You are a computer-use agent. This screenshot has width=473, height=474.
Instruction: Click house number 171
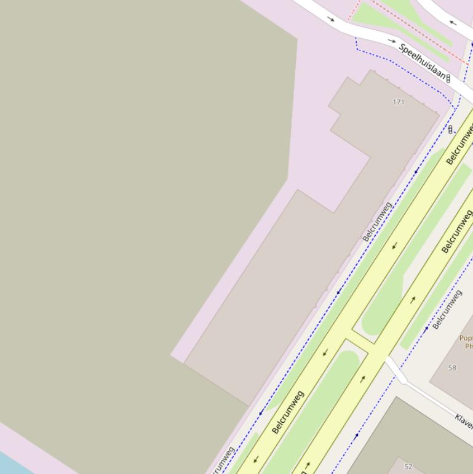399,102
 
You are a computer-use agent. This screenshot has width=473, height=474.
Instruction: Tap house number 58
452,368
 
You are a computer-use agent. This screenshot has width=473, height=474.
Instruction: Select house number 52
408,467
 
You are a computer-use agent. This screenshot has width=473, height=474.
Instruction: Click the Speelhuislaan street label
422,62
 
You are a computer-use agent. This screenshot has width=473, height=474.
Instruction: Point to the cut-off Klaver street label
464,421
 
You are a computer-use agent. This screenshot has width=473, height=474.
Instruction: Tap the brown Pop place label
466,342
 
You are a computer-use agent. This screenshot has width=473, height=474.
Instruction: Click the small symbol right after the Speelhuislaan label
448,78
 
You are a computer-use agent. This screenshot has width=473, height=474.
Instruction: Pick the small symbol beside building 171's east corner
450,129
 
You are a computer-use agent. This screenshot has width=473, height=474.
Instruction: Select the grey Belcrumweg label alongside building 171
376,221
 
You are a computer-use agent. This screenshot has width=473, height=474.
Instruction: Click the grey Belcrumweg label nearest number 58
447,310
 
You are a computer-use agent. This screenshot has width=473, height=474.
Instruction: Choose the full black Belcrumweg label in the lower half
288,412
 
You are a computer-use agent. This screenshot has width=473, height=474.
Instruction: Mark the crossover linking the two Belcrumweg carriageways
359,347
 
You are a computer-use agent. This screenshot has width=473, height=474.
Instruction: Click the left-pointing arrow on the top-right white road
453,23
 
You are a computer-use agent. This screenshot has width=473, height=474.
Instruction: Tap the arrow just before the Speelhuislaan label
392,41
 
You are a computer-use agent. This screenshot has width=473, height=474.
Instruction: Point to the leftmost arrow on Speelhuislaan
331,19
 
